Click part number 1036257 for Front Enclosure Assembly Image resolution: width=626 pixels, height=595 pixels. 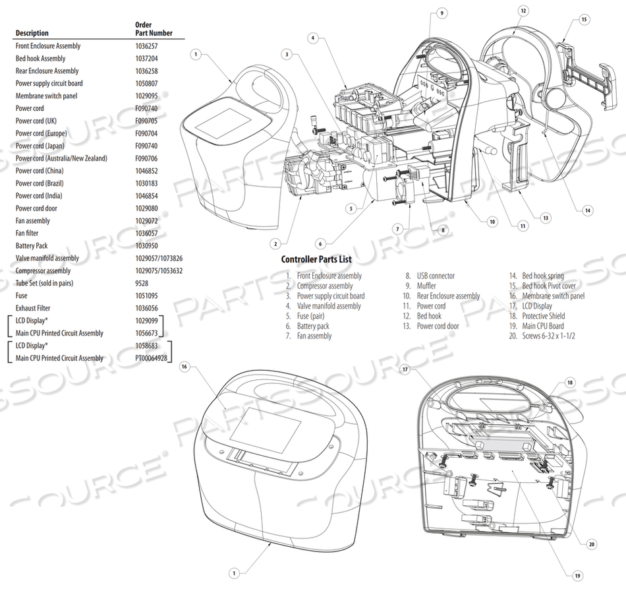(146, 46)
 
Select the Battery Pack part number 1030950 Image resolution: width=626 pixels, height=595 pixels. (146, 246)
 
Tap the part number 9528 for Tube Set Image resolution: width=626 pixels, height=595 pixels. (141, 284)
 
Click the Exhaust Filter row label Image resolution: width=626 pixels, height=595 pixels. (33, 308)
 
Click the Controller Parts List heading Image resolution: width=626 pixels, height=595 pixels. (320, 260)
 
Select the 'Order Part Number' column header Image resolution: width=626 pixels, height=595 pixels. (149, 29)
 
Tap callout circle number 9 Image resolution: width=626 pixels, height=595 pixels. (441, 13)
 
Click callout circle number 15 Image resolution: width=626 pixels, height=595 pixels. (584, 20)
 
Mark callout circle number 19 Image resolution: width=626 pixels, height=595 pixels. (578, 576)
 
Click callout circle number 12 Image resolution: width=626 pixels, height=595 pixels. (523, 11)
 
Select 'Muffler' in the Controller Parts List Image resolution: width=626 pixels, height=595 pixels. (426, 286)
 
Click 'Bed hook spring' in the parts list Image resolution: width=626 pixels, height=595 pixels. (543, 276)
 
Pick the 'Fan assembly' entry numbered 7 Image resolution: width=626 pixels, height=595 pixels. (314, 336)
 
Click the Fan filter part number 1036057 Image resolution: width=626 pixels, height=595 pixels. (146, 234)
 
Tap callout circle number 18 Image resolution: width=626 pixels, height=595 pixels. (571, 383)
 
